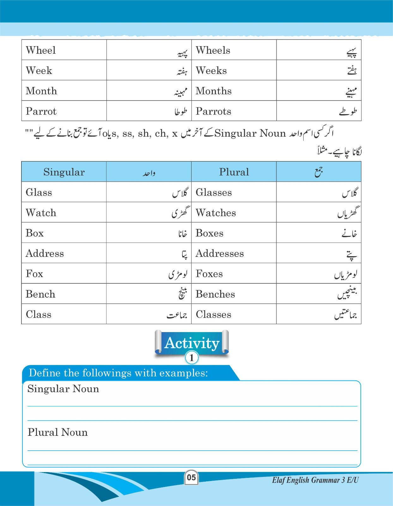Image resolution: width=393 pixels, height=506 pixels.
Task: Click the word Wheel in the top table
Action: (41, 50)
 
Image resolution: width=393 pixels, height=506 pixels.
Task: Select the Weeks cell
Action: (211, 71)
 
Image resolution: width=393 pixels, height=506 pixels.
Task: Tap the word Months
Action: (214, 91)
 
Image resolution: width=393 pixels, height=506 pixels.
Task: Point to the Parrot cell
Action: (41, 111)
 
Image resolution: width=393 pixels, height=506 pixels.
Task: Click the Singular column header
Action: (64, 172)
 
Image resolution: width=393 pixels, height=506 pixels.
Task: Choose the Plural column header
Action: (234, 172)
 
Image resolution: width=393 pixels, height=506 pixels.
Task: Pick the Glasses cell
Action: (214, 192)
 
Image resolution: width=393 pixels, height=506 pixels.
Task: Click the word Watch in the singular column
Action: (41, 213)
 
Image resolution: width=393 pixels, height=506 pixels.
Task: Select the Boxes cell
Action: (209, 233)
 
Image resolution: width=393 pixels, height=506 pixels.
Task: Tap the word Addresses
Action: (220, 253)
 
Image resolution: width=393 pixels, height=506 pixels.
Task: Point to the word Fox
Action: (34, 274)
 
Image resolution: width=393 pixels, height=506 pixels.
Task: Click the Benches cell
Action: (215, 294)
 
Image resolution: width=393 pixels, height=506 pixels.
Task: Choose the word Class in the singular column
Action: (39, 314)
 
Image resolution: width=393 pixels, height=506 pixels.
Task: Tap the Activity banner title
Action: (192, 343)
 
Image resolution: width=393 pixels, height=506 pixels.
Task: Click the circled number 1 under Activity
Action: (191, 358)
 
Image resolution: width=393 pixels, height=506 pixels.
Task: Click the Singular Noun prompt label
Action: (63, 389)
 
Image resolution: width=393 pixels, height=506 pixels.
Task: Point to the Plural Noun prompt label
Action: (57, 432)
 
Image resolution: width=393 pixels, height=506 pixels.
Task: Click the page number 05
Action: (191, 478)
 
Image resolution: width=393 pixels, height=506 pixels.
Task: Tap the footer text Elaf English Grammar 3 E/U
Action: (315, 480)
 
